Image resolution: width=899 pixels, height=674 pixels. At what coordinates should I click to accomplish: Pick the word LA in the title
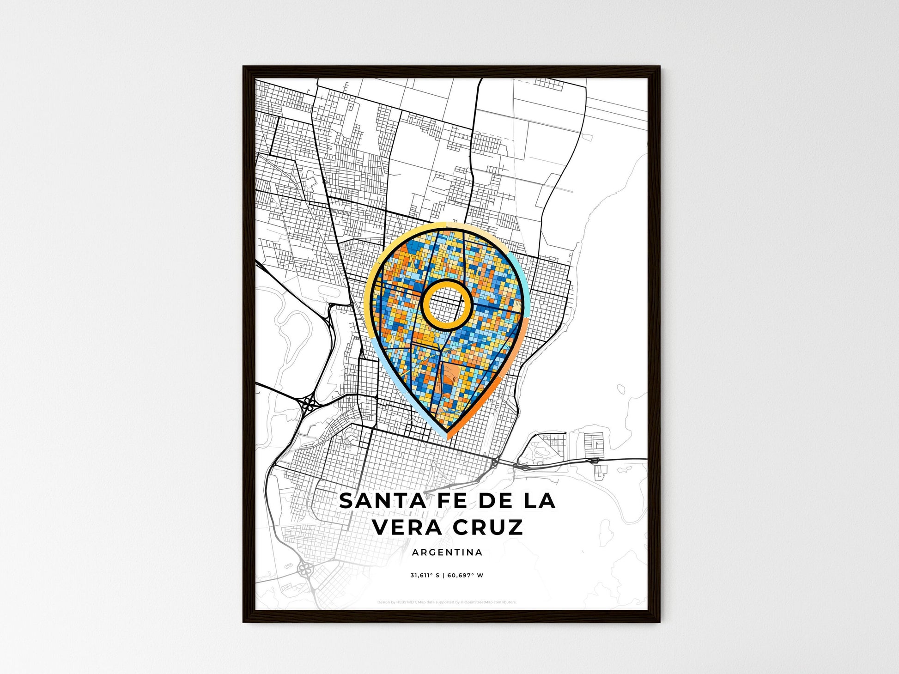[539, 501]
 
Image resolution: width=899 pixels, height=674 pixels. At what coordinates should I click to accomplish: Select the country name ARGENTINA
[447, 553]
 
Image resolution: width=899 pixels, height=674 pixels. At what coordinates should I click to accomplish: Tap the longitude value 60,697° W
[465, 576]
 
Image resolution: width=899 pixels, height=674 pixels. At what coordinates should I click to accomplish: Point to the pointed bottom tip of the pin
[447, 436]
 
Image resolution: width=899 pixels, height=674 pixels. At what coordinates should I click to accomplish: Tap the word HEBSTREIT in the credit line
[406, 602]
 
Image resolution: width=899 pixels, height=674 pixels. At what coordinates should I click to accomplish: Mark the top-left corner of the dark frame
[244, 67]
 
